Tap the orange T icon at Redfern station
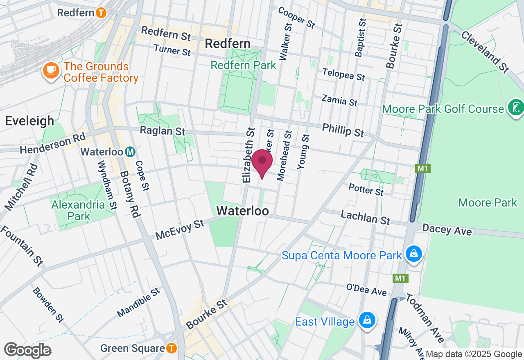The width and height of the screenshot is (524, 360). click(x=101, y=13)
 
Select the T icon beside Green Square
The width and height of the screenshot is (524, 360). click(x=172, y=349)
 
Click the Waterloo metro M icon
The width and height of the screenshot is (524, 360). click(x=130, y=152)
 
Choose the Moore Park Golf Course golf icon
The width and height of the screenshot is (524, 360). click(x=515, y=108)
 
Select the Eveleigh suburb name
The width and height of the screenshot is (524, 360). click(x=29, y=121)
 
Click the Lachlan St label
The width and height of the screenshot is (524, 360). click(x=366, y=217)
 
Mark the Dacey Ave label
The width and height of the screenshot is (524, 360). click(x=447, y=229)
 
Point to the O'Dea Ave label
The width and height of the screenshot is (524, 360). click(x=366, y=289)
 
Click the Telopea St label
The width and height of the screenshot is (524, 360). click(x=343, y=74)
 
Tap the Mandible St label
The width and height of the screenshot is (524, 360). click(x=138, y=303)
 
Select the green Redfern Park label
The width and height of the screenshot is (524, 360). click(x=244, y=65)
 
